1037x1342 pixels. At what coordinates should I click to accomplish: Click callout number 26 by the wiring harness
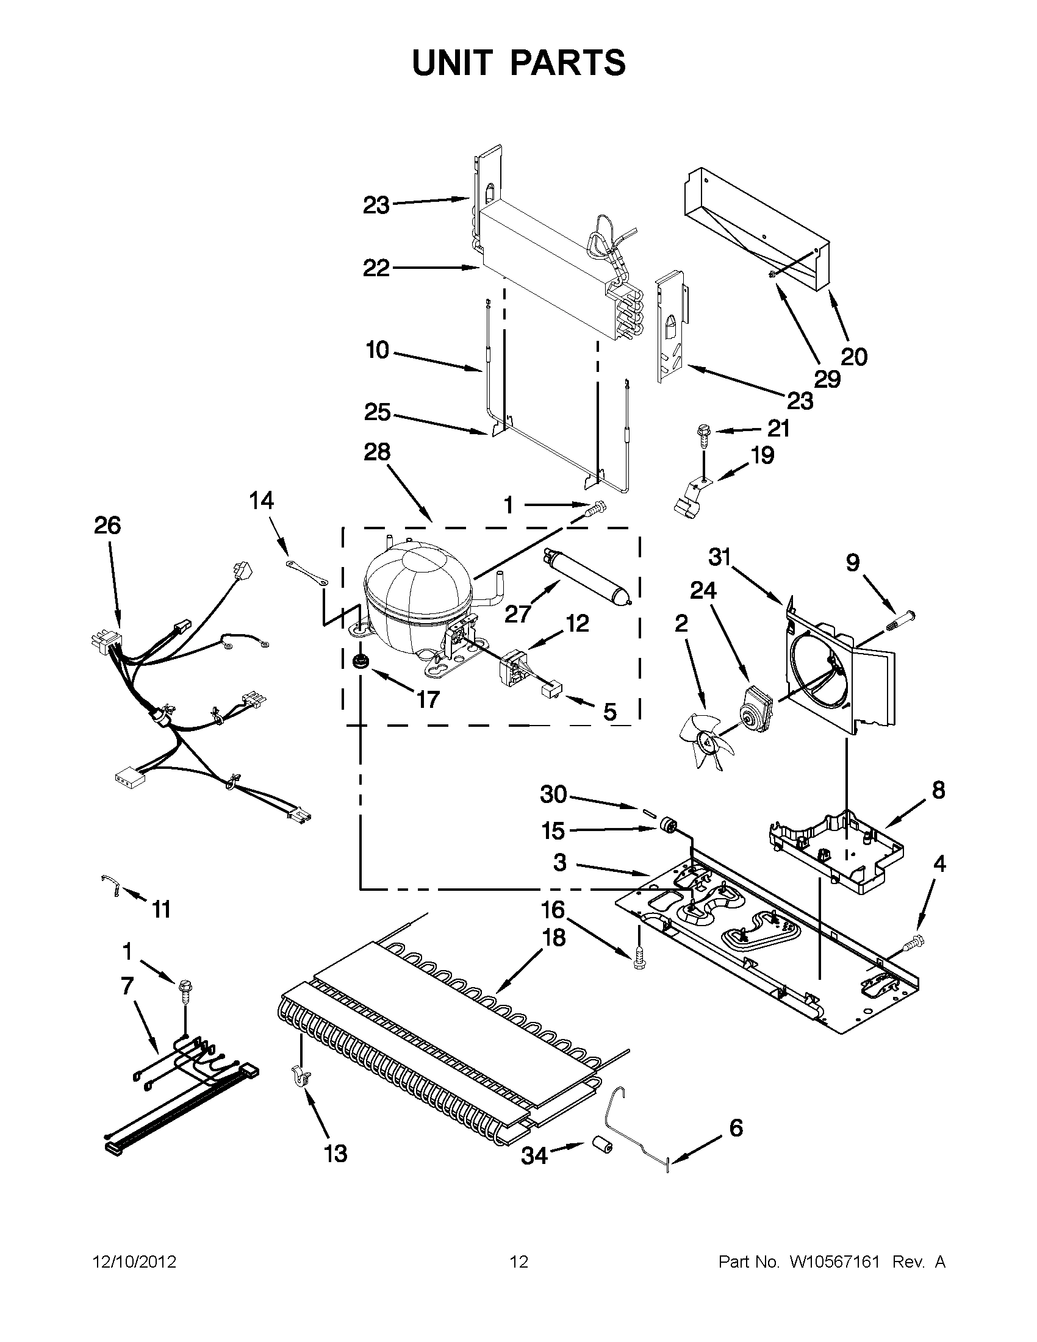[x=107, y=526]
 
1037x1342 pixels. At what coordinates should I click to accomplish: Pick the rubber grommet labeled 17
[x=357, y=662]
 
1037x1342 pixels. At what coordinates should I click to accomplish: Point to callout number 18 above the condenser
[x=554, y=938]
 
